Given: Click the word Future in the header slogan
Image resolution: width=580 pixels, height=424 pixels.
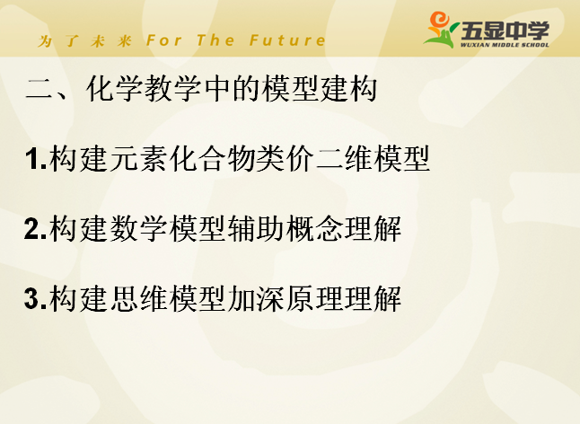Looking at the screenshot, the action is [x=287, y=40].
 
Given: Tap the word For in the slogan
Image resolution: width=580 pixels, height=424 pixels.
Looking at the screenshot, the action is [x=164, y=40].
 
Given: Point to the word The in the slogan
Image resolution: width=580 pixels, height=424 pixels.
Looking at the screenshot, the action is [x=215, y=40].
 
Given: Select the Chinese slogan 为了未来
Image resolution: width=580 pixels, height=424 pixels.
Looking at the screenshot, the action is [x=84, y=40].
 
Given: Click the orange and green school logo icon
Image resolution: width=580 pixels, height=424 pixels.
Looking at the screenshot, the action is [x=441, y=30].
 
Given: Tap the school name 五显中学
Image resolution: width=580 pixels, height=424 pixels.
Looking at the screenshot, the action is [x=505, y=31].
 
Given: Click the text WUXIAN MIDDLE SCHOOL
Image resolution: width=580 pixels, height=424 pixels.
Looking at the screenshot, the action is [x=505, y=45].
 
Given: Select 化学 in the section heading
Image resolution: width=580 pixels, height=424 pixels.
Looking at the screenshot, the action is [x=115, y=89].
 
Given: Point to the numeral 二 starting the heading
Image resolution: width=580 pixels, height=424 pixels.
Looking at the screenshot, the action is [x=39, y=89].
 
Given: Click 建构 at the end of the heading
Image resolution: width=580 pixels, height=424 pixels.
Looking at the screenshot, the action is [x=348, y=89].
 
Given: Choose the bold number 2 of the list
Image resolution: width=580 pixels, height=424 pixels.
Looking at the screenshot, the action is [x=33, y=229].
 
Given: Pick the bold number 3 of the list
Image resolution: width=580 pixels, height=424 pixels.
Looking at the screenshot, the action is [x=33, y=298].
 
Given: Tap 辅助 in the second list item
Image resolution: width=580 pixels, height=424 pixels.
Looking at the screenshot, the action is [x=256, y=228].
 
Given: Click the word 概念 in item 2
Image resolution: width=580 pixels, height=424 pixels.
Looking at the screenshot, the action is [x=314, y=228].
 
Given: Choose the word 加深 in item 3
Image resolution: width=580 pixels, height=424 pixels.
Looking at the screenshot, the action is [x=256, y=298].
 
